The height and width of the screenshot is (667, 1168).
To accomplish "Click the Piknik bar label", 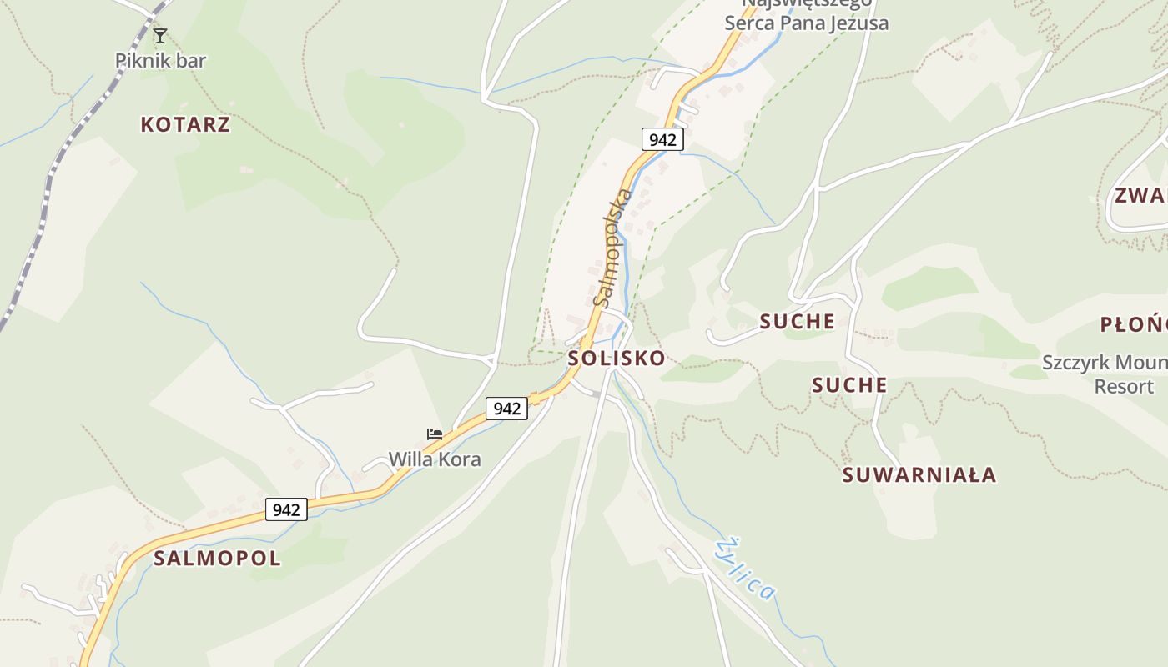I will coord(160,60).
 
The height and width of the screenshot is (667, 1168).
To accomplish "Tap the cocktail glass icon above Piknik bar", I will coord(160,35).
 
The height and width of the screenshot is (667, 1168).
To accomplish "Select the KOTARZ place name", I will coord(185,125).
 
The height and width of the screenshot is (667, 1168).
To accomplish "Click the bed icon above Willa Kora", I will coord(435,434).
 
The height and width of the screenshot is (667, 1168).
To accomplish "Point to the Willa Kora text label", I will coord(435,459).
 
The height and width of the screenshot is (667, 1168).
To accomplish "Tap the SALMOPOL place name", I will coord(217,559).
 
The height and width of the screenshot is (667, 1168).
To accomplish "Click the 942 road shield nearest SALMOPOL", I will coord(286,509).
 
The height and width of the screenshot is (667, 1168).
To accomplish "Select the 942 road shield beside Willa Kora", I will coord(507,409).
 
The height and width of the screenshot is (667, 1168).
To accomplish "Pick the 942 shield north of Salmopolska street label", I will coord(662,139).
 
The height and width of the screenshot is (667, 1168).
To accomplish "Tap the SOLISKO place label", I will coord(617,359).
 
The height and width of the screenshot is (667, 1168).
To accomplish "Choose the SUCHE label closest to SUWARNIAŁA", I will coord(849,385).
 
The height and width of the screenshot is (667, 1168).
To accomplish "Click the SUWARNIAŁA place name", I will coord(919,475).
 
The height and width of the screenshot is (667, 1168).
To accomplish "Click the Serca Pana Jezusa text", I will coord(806,22).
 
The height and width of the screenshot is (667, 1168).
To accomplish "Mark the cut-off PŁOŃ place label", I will coord(1133,324).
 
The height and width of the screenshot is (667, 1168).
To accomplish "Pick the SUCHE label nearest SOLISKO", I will coord(797,321).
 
